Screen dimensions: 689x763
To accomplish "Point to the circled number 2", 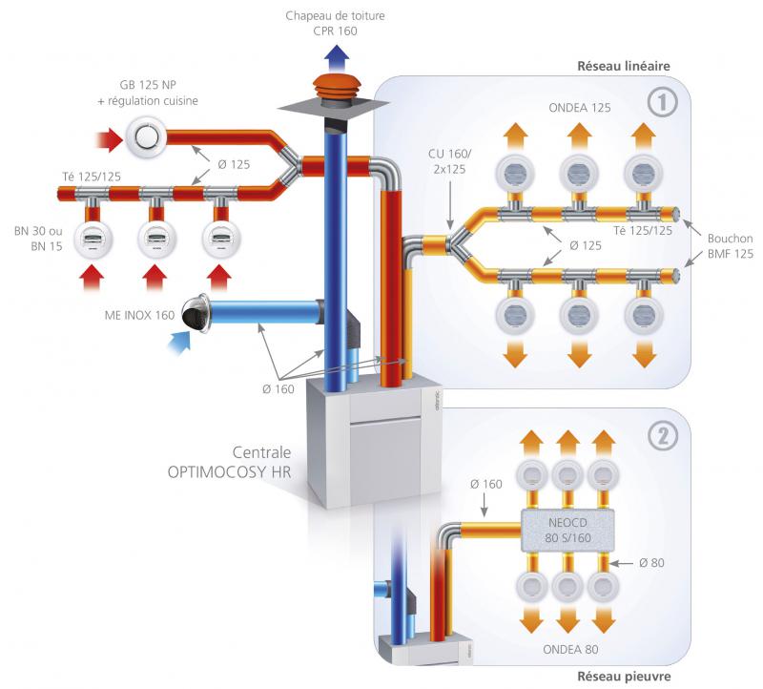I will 660,435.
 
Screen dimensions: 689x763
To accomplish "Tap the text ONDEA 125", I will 579,108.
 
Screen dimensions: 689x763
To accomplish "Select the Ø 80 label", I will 650,563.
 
